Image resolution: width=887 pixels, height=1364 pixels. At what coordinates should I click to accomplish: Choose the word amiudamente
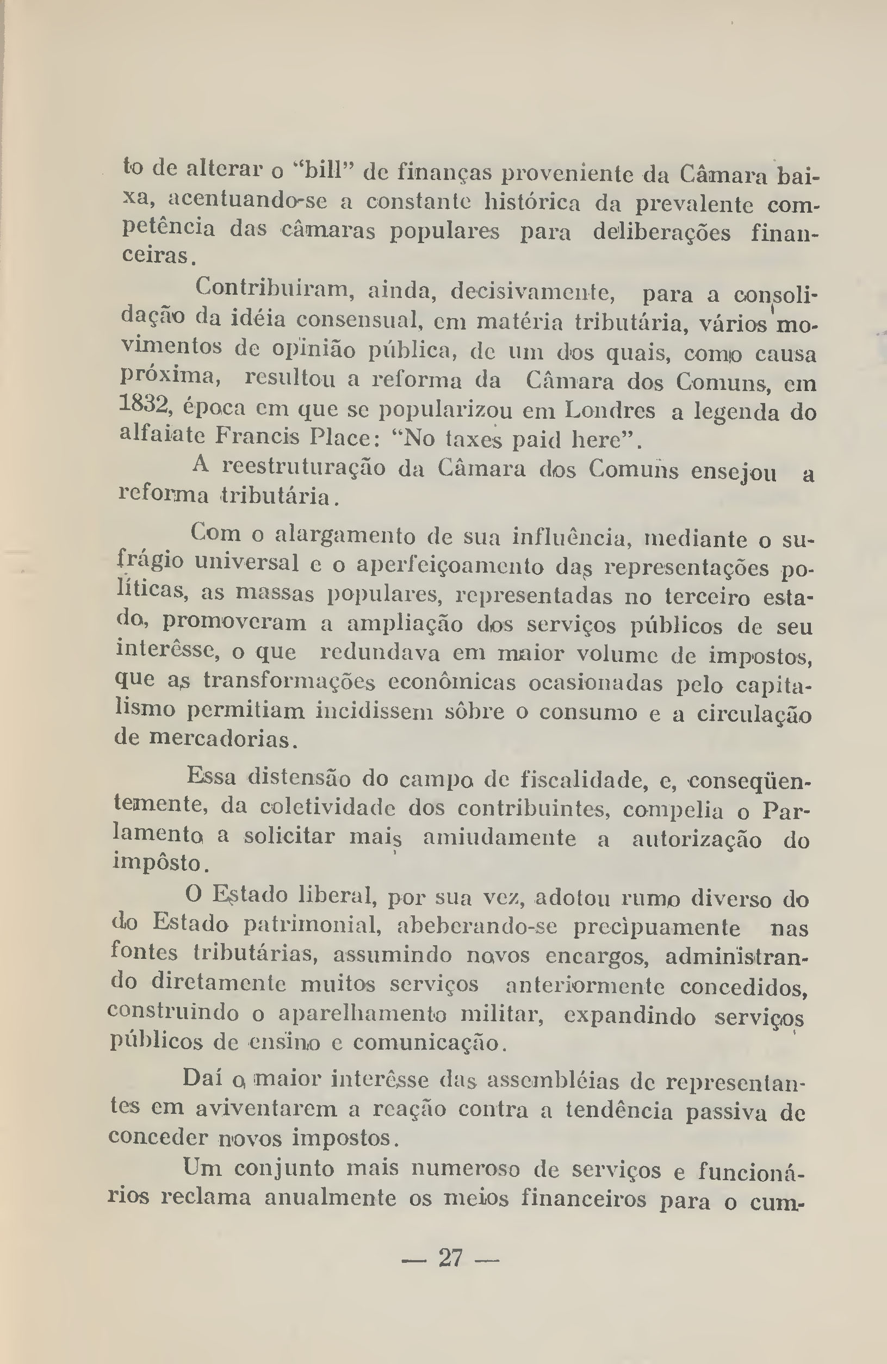point(499,839)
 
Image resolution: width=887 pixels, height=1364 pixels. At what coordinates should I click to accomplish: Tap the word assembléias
point(553,1080)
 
